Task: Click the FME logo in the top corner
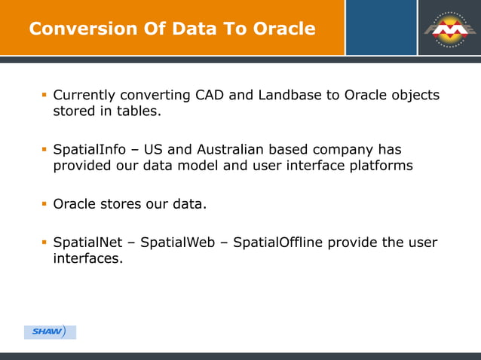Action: (449, 28)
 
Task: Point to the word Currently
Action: (84, 96)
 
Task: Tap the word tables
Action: (141, 112)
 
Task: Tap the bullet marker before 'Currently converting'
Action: (44, 96)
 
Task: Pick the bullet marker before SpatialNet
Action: (44, 243)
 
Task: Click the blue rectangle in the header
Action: (381, 28)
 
